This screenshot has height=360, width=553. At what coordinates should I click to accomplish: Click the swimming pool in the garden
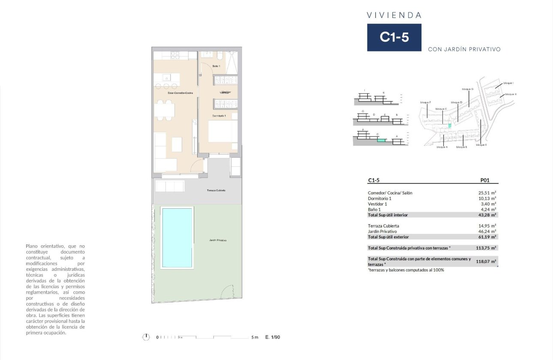(x=177, y=237)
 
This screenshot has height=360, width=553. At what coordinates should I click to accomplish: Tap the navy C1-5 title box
(x=394, y=37)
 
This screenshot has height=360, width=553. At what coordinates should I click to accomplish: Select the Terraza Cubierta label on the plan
(x=216, y=190)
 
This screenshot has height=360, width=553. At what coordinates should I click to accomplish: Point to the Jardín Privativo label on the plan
(x=218, y=240)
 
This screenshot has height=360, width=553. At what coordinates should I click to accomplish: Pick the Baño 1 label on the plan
(x=216, y=66)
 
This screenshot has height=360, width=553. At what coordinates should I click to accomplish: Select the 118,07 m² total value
(x=486, y=261)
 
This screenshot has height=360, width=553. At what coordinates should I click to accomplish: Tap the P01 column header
(x=485, y=181)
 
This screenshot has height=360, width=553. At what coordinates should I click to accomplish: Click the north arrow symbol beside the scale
(x=146, y=337)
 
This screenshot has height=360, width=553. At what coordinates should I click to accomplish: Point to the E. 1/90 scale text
(x=273, y=337)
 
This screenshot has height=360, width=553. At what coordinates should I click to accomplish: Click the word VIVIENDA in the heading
(x=394, y=15)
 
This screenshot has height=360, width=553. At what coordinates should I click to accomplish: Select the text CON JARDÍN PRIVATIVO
(x=464, y=49)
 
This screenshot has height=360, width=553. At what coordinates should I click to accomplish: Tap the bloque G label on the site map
(x=467, y=89)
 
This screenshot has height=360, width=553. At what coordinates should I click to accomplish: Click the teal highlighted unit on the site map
(x=449, y=126)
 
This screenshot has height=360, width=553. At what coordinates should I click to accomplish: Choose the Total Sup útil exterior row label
(x=388, y=237)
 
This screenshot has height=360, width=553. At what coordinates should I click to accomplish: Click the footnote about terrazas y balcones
(x=406, y=270)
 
